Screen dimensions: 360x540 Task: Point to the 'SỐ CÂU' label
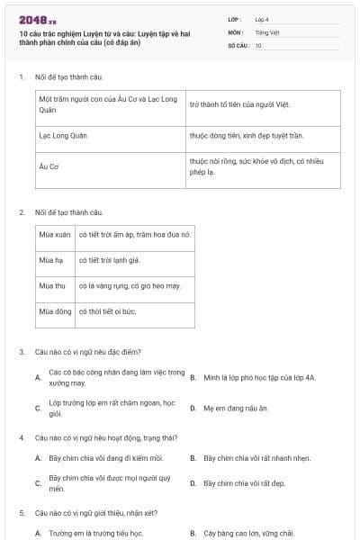pos(238,45)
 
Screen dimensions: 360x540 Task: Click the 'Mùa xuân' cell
pos(55,234)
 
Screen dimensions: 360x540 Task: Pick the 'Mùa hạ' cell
pos(52,260)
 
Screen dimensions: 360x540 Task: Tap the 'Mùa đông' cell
pos(55,311)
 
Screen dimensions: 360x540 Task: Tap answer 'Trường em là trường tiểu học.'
pos(96,533)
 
